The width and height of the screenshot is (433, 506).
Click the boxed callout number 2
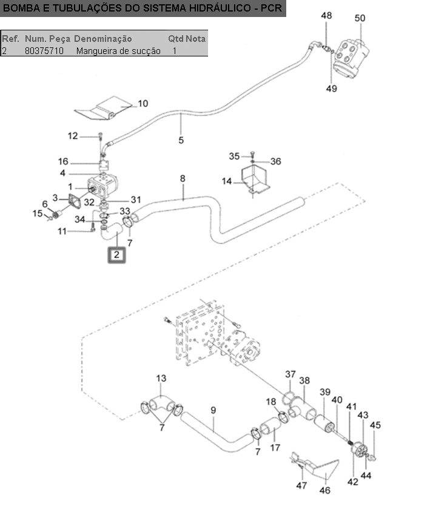116,255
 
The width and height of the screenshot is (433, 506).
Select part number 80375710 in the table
44,51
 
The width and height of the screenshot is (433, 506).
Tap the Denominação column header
103,39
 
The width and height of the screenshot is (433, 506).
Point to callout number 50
360,18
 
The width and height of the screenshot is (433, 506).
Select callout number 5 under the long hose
181,140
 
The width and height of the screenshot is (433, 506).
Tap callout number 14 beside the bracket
226,181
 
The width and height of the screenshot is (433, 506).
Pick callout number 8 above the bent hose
183,178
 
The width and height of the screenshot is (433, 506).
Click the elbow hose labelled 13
162,404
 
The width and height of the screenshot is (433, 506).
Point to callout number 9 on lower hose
213,410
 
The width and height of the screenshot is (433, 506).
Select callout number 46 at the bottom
325,490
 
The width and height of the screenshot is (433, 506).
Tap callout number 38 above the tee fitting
304,380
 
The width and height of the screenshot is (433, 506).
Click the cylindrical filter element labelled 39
324,423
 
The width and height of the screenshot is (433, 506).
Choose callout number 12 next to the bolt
73,136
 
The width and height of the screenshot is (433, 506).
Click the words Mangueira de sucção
118,51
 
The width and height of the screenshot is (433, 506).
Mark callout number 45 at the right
375,425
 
